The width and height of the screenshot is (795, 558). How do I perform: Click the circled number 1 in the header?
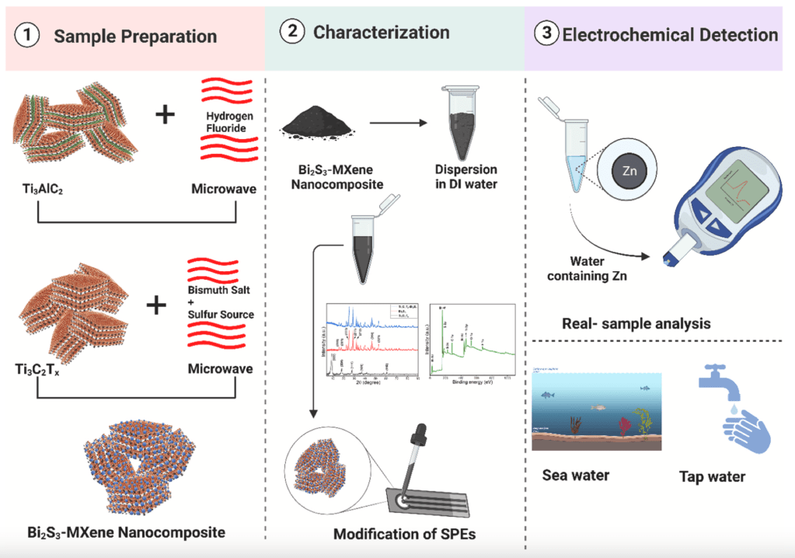(x=27, y=37)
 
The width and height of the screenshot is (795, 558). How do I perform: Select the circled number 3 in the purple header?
(x=548, y=35)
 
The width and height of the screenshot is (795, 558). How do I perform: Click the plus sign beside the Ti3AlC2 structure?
(x=164, y=115)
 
